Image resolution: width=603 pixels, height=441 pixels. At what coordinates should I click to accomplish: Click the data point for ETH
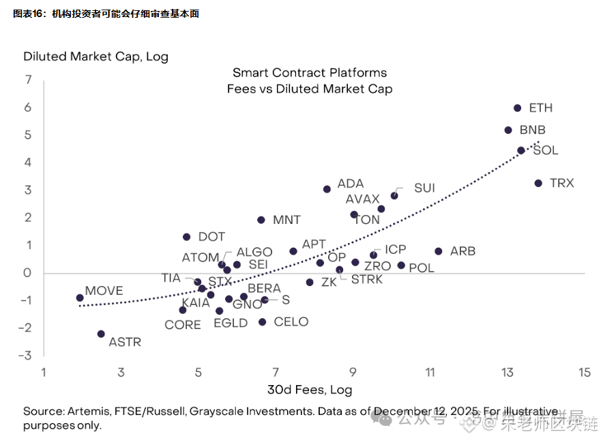[517, 108]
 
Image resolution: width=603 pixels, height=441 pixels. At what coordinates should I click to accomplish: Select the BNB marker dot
[508, 130]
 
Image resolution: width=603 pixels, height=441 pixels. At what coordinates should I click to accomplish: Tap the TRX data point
[538, 183]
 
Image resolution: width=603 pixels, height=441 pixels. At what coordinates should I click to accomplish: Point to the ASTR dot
[101, 334]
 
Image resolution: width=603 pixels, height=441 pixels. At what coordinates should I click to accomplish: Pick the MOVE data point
[80, 298]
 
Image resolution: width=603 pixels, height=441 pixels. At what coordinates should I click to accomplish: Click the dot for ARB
[438, 251]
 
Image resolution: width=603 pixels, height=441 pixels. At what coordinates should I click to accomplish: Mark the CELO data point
[262, 322]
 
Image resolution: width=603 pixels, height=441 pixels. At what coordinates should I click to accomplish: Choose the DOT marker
[186, 237]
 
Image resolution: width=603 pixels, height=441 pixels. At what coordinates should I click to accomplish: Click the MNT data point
[261, 220]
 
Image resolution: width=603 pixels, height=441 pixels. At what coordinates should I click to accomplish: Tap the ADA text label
[351, 184]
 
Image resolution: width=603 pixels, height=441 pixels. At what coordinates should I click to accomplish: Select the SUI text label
[424, 188]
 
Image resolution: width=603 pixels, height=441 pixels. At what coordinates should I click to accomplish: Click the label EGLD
[231, 323]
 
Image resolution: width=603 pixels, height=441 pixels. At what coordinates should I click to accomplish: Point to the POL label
[422, 268]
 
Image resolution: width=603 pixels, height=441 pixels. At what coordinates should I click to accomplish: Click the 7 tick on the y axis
[28, 80]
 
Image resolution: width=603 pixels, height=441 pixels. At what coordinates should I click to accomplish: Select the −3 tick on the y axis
[26, 355]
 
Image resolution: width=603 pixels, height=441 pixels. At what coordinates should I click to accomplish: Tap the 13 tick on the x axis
[508, 373]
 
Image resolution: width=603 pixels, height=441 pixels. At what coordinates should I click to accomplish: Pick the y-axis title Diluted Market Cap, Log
[95, 57]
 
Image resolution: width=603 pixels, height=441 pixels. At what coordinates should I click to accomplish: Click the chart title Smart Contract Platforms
[310, 72]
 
